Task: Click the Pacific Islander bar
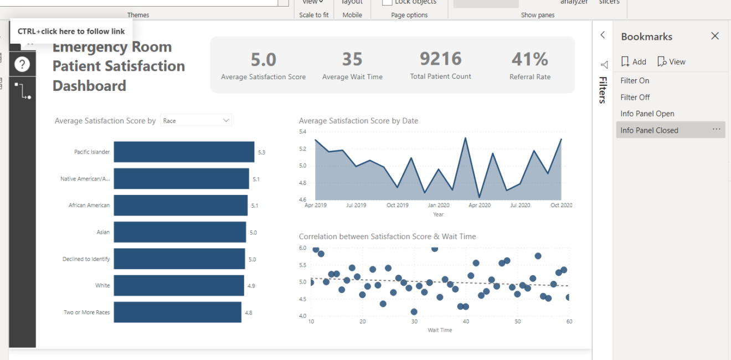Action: (x=184, y=152)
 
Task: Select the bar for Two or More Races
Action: (x=177, y=312)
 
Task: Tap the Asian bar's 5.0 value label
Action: (x=253, y=233)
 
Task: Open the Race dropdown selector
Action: (x=196, y=121)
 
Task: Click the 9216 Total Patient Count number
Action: (x=440, y=59)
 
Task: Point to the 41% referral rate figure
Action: (x=529, y=59)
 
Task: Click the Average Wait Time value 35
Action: (x=352, y=59)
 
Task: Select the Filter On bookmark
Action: (x=635, y=81)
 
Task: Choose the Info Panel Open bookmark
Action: (x=647, y=114)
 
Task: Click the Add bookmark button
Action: (x=634, y=62)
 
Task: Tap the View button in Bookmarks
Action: (x=671, y=62)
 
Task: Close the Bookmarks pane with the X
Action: (x=715, y=36)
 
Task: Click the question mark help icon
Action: (x=22, y=64)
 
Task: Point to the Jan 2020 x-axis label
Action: (x=439, y=205)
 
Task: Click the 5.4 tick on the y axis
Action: (x=302, y=132)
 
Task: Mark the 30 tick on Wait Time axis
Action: (x=414, y=322)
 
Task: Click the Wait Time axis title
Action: (x=440, y=330)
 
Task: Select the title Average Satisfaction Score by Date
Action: (x=358, y=121)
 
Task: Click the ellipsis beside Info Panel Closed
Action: (x=717, y=130)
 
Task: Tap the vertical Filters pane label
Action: (x=603, y=90)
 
